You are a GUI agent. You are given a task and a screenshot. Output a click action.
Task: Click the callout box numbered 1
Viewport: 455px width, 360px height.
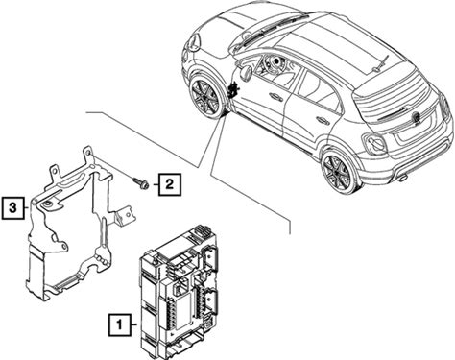coord(120,324)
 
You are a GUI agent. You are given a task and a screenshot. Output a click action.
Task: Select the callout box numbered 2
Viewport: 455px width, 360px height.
coord(169,184)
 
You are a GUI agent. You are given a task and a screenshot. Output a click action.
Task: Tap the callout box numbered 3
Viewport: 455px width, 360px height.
coord(12,208)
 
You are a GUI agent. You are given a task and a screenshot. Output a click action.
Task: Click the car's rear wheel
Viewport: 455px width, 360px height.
coord(338,171)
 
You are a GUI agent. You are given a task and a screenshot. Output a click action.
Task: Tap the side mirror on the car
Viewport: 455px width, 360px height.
coord(246,72)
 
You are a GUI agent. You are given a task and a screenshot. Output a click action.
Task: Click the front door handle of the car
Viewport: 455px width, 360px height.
coord(275,97)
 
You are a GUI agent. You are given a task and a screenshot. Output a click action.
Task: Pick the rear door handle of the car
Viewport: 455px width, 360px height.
coord(323,120)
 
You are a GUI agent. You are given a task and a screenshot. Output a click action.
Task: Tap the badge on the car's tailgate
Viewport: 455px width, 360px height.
coord(417,117)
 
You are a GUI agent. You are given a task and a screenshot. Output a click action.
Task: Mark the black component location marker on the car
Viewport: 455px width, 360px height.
coord(233,88)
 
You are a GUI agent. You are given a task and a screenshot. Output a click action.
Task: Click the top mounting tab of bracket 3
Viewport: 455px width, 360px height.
coord(87,155)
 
